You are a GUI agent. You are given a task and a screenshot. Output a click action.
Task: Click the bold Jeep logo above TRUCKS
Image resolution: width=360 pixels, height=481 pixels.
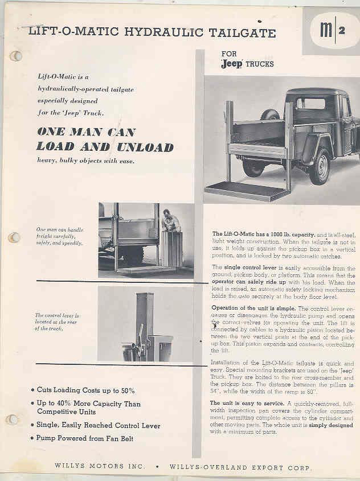point(232,64)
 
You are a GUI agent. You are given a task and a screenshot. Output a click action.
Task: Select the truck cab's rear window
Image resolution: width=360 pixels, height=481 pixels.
point(310,104)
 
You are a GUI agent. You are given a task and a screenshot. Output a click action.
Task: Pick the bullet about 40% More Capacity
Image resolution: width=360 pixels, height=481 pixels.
point(88,408)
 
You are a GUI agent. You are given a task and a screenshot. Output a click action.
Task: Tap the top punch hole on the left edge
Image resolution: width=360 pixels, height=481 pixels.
point(15,56)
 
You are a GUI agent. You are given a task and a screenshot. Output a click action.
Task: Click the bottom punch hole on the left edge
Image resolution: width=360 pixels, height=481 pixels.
point(13,420)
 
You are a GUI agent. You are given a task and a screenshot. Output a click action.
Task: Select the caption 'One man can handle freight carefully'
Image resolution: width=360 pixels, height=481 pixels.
point(60,236)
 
